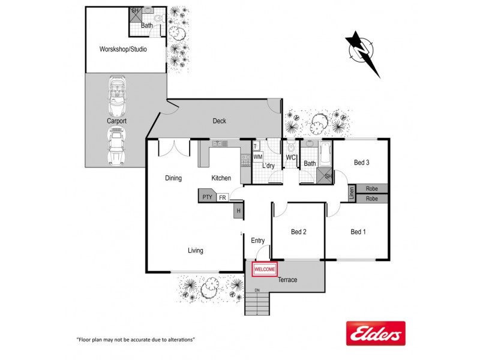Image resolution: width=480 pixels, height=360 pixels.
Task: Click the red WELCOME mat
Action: (x=265, y=270)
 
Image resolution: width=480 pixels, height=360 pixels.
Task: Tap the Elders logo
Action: (x=376, y=333)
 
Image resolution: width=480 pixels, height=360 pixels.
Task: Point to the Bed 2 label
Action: (x=299, y=232)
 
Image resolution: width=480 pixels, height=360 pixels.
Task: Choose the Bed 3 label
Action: (x=361, y=163)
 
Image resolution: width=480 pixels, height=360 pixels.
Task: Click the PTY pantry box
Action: (x=207, y=197)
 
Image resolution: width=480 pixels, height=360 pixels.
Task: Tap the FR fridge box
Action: (x=223, y=197)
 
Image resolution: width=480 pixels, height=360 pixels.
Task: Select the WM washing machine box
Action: (x=257, y=157)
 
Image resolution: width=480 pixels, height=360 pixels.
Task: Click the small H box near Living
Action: (x=239, y=211)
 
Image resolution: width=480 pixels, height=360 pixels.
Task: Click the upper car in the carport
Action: (x=117, y=95)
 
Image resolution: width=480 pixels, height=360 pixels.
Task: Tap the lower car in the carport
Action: (x=117, y=146)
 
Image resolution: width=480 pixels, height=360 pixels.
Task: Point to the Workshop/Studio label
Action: (x=123, y=49)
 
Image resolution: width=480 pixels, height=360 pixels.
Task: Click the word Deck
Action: (x=220, y=121)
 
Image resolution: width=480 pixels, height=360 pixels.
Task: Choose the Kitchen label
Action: (x=221, y=178)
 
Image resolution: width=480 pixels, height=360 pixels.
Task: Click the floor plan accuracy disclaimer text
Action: (x=136, y=340)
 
